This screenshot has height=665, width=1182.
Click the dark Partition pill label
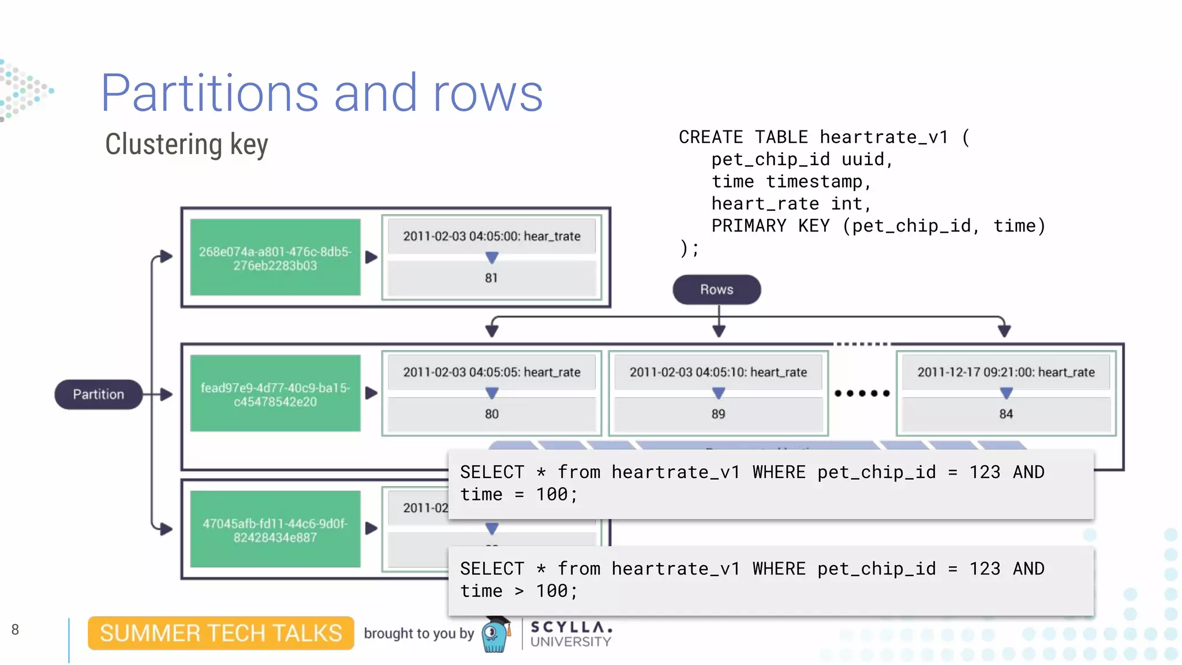coord(98,394)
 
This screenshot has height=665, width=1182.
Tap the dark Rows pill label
coord(716,289)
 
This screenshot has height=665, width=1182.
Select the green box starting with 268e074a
coord(275,258)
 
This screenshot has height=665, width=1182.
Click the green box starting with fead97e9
coord(275,394)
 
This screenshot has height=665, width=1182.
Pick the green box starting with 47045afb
coord(275,530)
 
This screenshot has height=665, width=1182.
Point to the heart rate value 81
coord(491,278)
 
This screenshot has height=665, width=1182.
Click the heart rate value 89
coord(718,414)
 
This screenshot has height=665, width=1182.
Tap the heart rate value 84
coord(1006,414)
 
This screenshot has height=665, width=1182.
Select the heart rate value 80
coord(491,414)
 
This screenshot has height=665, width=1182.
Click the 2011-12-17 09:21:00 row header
coord(1006,372)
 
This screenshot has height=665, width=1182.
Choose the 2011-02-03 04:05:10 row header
coord(718,372)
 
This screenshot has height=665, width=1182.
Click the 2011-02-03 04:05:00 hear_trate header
coord(491,236)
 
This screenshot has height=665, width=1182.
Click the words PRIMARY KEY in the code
coord(749,226)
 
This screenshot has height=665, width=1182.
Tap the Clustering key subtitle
coord(186,144)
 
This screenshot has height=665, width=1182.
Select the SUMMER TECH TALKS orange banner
coord(220,633)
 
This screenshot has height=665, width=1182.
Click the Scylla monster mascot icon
coord(495,635)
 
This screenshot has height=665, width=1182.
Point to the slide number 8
coord(15,630)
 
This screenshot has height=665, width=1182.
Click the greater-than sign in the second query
coord(519,591)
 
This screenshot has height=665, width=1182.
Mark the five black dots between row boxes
coord(862,393)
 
